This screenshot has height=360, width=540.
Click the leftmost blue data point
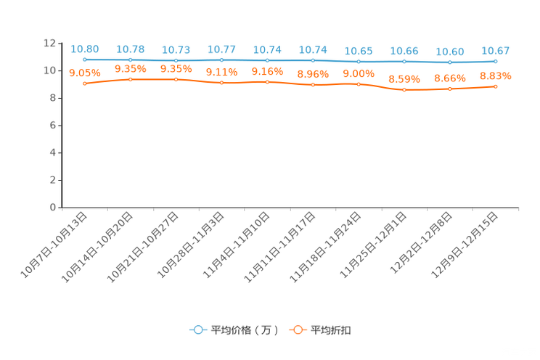85,60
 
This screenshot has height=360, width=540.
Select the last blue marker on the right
496,62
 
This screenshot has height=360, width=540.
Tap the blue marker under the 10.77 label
222,60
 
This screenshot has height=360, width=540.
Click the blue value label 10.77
222,49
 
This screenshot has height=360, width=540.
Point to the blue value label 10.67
496,51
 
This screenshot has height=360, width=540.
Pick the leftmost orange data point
85,83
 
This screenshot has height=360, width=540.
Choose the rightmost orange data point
496,86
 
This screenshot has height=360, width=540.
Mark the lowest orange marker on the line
404,90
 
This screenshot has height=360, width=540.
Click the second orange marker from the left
131,78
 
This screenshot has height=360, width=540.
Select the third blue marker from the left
176,60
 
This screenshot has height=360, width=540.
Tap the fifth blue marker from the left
268,60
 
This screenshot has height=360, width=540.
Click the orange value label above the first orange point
85,73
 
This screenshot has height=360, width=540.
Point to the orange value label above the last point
496,75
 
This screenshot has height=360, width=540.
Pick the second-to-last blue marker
450,62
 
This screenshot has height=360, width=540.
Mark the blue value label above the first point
85,49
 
